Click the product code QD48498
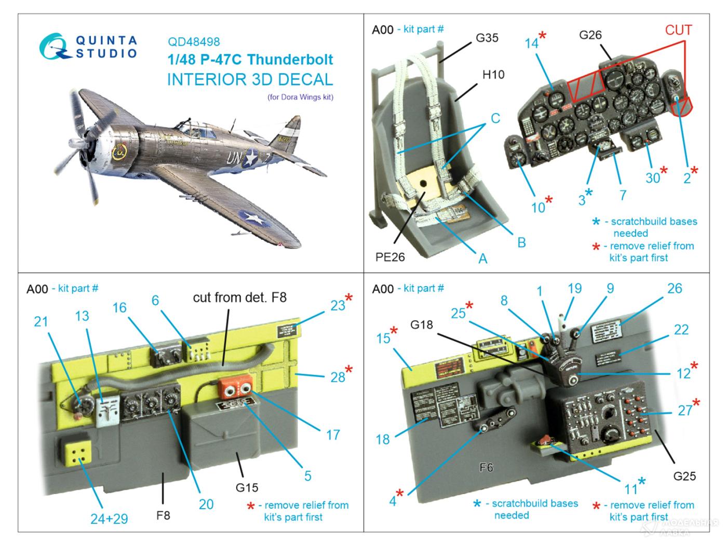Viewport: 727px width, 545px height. (x=194, y=42)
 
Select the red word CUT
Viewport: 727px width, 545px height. (x=678, y=30)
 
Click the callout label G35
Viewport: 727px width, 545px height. (x=487, y=38)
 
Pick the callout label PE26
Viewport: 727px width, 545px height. (x=390, y=256)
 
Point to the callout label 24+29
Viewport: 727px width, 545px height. (x=109, y=519)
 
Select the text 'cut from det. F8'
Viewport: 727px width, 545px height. (x=239, y=297)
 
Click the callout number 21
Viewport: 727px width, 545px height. (x=41, y=322)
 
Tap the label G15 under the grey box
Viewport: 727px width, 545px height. (x=247, y=487)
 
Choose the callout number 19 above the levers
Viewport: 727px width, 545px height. (x=574, y=289)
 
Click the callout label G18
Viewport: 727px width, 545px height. (x=421, y=325)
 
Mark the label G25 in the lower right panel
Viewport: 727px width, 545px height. (x=684, y=476)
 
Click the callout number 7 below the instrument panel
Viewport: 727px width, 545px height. (x=623, y=195)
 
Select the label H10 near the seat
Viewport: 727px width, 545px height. (x=493, y=75)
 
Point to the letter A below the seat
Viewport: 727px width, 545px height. (x=482, y=258)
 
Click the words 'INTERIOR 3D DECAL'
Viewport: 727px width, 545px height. (x=250, y=79)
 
